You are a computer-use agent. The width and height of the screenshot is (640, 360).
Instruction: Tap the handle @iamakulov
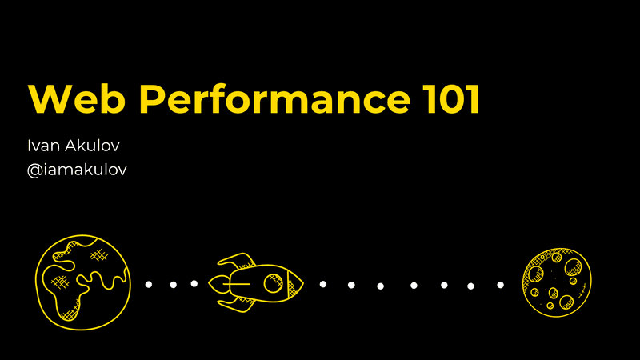tap(77, 170)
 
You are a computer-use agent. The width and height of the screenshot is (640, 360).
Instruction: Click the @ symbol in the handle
tap(34, 170)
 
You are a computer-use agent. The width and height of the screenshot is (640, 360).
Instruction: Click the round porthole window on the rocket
tap(273, 283)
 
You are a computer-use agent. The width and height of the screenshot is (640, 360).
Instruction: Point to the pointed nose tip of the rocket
tap(302, 282)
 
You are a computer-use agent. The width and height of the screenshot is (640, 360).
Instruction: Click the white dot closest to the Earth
tap(149, 284)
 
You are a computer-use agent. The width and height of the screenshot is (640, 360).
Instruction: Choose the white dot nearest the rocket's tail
tap(194, 283)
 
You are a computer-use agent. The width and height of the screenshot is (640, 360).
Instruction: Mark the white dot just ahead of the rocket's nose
tap(322, 283)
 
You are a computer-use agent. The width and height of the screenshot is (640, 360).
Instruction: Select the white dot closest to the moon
tap(501, 285)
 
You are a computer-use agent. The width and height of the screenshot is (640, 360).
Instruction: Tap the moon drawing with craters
tap(557, 282)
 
